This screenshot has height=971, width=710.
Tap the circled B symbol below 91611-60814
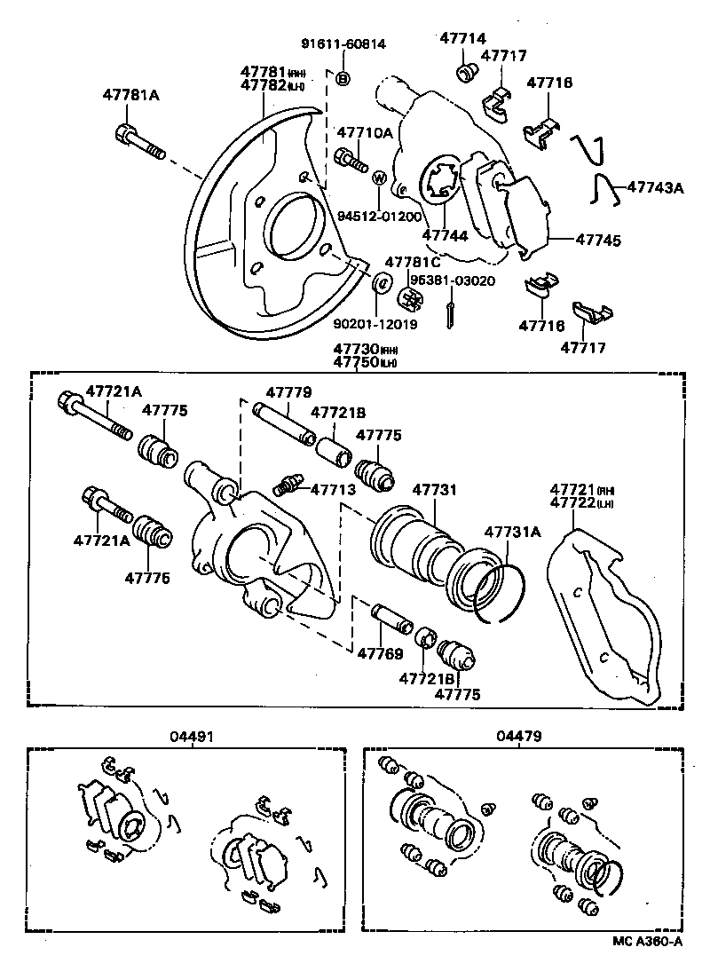pos(343,79)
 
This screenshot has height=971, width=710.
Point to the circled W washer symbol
pos(378,178)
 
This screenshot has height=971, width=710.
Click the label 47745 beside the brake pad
pos(597,239)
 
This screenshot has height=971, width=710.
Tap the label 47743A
pos(656,187)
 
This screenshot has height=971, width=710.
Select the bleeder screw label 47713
pos(333,489)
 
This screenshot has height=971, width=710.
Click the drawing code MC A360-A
pos(649,942)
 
